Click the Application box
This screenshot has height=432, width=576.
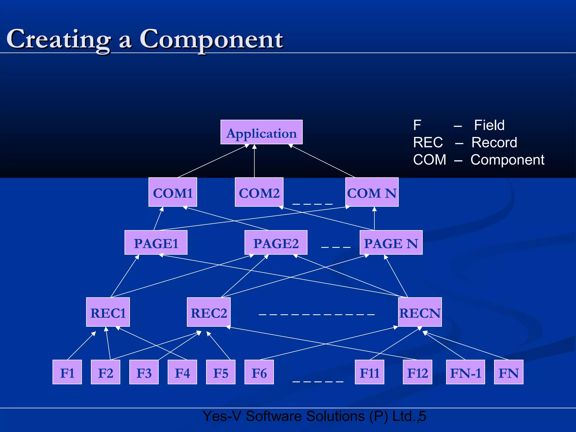(261, 132)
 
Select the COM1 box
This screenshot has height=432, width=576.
(173, 192)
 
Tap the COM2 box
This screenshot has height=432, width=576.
(259, 192)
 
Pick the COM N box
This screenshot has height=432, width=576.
(372, 192)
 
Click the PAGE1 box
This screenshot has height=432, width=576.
(156, 242)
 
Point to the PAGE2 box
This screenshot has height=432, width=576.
(276, 242)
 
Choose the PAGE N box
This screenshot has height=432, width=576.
(391, 242)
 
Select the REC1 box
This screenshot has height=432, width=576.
(108, 312)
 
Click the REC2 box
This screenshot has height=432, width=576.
(209, 312)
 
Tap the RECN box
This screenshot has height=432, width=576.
(420, 312)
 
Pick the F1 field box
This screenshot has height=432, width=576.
(67, 372)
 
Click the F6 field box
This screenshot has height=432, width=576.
(259, 372)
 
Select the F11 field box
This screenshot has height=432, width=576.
(370, 372)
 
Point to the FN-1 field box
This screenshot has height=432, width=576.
(465, 372)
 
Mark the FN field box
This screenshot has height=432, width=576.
(508, 372)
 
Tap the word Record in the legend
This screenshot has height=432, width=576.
(494, 142)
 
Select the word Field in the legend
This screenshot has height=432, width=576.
(489, 125)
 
